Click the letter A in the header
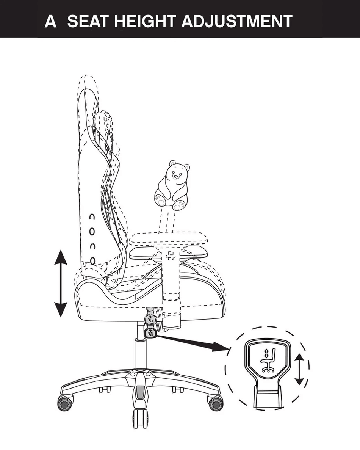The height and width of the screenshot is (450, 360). coord(50,21)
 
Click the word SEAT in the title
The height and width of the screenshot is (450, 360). coord(88,21)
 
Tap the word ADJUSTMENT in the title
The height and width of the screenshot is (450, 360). coord(237,21)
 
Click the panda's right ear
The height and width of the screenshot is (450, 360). coord(187,167)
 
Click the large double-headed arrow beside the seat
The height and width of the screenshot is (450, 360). coord(61,283)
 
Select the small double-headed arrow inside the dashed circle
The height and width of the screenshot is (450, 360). coord(299,369)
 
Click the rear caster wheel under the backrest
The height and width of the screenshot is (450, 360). coord(66,403)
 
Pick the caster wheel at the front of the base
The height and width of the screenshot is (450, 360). coord(216,403)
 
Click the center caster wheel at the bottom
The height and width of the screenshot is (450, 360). coord(140,419)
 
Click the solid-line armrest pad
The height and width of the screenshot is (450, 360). coord(168,252)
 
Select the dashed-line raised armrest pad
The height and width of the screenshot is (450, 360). coord(168,238)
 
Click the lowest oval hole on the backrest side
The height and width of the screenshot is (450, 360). coord(93,260)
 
